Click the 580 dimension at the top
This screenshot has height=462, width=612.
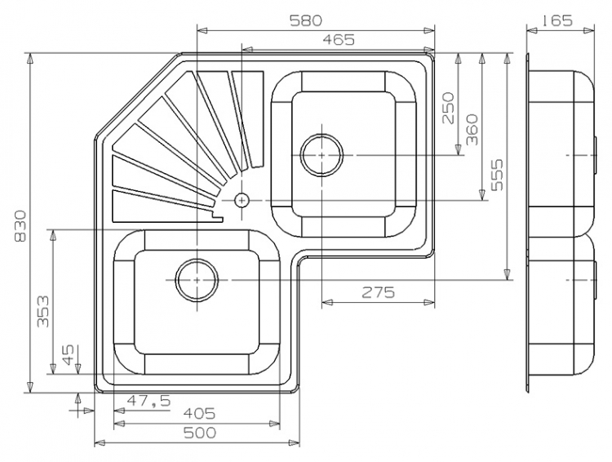[x=306, y=20]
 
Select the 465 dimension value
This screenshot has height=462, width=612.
[x=338, y=39]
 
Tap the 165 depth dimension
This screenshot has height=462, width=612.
[x=557, y=20]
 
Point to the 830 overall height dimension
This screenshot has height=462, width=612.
[x=20, y=226]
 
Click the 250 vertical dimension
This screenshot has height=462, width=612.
[x=449, y=108]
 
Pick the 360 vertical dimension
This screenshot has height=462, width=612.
[x=472, y=129]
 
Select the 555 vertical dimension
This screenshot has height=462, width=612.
[x=497, y=175]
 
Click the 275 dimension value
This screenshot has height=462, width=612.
[x=378, y=291]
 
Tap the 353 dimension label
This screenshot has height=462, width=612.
[x=43, y=311]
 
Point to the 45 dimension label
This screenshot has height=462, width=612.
[x=68, y=354]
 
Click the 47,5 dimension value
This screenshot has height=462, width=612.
[x=149, y=401]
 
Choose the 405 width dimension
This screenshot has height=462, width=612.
[x=199, y=413]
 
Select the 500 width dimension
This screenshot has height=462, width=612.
[x=199, y=433]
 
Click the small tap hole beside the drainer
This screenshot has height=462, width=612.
[x=242, y=200]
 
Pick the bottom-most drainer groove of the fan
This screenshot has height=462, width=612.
[x=164, y=207]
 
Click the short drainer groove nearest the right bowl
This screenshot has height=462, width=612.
[x=248, y=119]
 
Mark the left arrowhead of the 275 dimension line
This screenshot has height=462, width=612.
[x=327, y=302]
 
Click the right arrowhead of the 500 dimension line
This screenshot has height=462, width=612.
[x=295, y=443]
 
